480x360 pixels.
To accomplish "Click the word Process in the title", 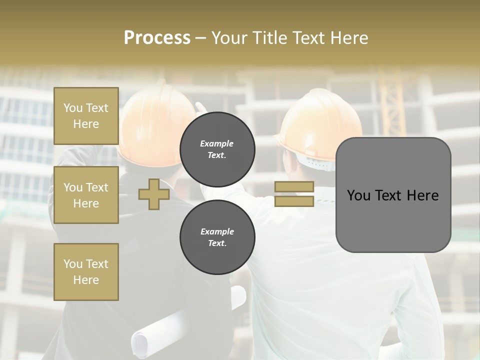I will click(157, 38).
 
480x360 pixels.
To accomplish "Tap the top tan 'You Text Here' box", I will click(86, 116).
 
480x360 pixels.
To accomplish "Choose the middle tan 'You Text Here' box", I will click(86, 195).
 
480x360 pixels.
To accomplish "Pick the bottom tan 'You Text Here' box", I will click(86, 271).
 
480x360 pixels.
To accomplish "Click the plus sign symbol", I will click(154, 194).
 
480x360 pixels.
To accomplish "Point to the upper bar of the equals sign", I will click(294, 187).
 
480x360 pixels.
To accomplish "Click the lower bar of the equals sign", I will click(294, 201).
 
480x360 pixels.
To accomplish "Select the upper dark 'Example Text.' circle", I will click(217, 149).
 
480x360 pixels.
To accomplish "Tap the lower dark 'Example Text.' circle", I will click(217, 237).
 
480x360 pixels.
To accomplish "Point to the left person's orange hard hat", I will click(150, 120).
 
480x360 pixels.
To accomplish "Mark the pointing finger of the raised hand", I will click(199, 106).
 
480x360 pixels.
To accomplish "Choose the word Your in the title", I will click(228, 38).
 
